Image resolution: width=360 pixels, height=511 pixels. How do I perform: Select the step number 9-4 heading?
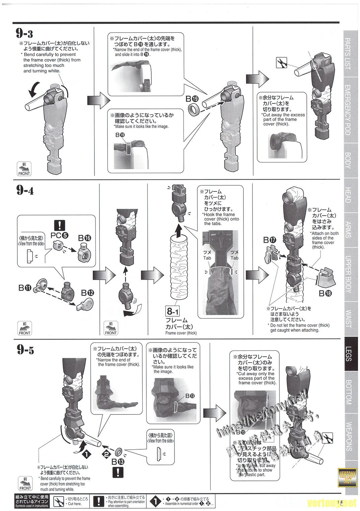pyautogui.click(x=24, y=190)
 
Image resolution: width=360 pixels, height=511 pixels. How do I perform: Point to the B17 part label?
pyautogui.click(x=270, y=240)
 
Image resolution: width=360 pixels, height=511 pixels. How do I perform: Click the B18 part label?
pyautogui.click(x=325, y=294)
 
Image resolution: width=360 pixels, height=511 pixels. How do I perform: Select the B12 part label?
pyautogui.click(x=87, y=293)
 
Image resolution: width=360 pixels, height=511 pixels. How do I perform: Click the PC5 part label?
pyautogui.click(x=60, y=235)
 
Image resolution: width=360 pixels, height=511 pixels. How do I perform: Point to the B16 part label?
pyautogui.click(x=84, y=238)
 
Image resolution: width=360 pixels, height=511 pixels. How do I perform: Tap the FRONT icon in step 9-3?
pyautogui.click(x=24, y=169)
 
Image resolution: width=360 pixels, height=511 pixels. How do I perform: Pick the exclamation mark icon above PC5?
pyautogui.click(x=59, y=225)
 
